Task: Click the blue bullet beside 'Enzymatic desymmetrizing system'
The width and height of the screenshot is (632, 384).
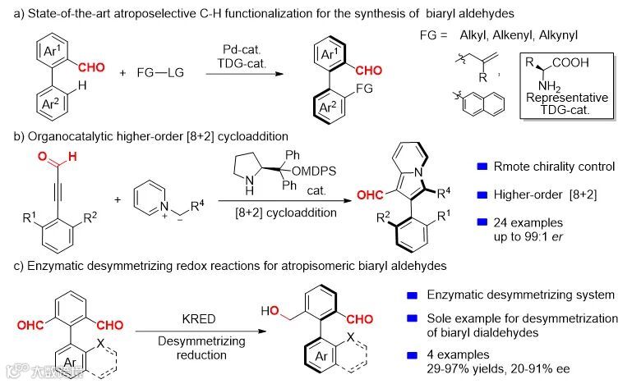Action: (x=413, y=295)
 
